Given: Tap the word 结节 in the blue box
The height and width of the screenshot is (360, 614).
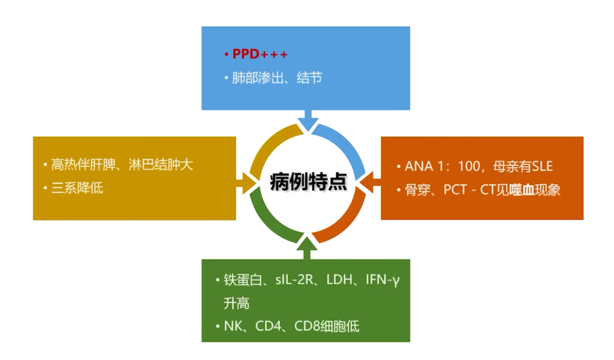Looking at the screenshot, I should (310, 79).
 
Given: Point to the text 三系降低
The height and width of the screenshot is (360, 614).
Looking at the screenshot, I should (77, 188).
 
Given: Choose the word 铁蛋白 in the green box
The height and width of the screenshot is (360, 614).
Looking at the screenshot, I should (241, 280).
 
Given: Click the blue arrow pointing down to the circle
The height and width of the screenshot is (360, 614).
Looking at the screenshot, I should (307, 120).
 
